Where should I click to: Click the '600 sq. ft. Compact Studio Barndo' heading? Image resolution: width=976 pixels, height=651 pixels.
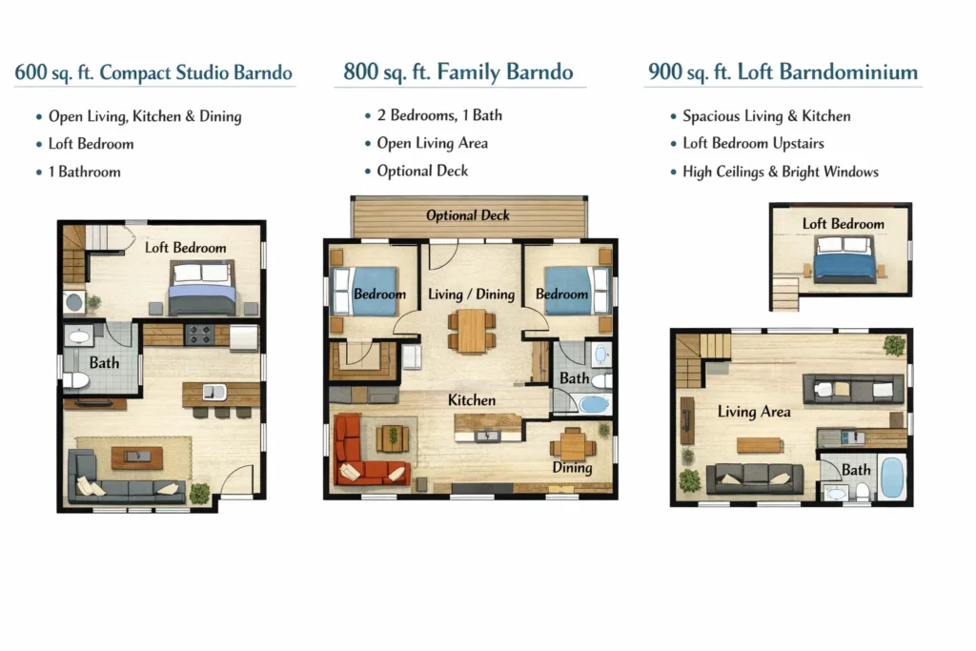pyautogui.click(x=153, y=72)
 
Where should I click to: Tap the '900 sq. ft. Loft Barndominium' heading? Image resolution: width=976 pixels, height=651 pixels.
pyautogui.click(x=783, y=72)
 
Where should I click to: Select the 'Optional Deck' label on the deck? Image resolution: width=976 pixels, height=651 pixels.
pyautogui.click(x=468, y=215)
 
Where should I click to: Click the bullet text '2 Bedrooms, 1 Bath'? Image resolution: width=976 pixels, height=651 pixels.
pyautogui.click(x=439, y=115)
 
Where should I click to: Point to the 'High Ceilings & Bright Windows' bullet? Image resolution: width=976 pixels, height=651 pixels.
pyautogui.click(x=781, y=172)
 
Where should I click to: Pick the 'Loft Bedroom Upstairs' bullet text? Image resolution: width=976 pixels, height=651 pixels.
pyautogui.click(x=753, y=143)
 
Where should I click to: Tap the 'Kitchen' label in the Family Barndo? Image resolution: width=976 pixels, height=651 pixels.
pyautogui.click(x=472, y=399)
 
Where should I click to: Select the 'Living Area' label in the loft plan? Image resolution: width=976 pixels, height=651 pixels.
pyautogui.click(x=754, y=412)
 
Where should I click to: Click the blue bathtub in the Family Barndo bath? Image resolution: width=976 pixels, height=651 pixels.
pyautogui.click(x=594, y=405)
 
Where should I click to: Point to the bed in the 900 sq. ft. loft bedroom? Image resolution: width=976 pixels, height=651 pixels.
pyautogui.click(x=844, y=259)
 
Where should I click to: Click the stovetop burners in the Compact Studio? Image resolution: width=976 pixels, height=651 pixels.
pyautogui.click(x=200, y=335)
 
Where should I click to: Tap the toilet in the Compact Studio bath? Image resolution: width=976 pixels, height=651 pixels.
pyautogui.click(x=76, y=380)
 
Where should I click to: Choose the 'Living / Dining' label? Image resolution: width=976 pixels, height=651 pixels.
pyautogui.click(x=471, y=294)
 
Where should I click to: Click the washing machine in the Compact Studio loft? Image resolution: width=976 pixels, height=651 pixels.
pyautogui.click(x=74, y=302)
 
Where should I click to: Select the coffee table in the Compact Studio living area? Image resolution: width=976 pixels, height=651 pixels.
pyautogui.click(x=137, y=458)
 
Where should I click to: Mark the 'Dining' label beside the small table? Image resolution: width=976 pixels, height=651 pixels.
pyautogui.click(x=572, y=467)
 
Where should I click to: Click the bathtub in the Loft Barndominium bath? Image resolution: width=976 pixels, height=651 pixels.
pyautogui.click(x=892, y=478)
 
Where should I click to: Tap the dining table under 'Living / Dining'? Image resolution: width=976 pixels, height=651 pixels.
pyautogui.click(x=471, y=331)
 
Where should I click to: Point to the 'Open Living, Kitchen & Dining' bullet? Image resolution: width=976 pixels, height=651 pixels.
pyautogui.click(x=145, y=116)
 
